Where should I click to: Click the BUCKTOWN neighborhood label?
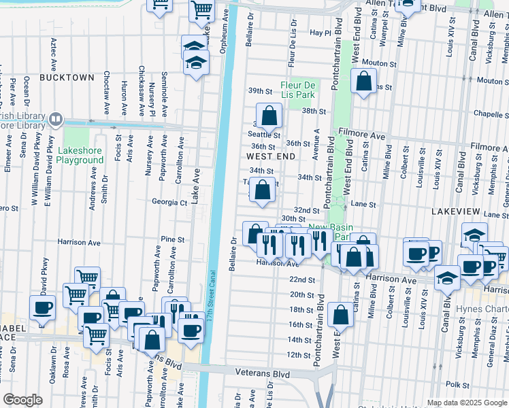point(66,78)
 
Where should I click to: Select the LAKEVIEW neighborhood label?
point(455,212)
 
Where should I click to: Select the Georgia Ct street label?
point(169,202)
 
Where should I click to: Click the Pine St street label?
point(173,239)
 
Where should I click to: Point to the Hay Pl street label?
point(319,33)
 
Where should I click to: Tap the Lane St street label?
point(363,204)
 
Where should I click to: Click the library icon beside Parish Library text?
point(55,120)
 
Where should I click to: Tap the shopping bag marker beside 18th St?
point(340,315)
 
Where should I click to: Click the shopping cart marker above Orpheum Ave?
point(202,10)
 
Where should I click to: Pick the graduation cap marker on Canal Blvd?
point(446,278)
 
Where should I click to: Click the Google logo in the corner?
point(22,401)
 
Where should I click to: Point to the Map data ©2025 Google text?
point(466,403)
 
